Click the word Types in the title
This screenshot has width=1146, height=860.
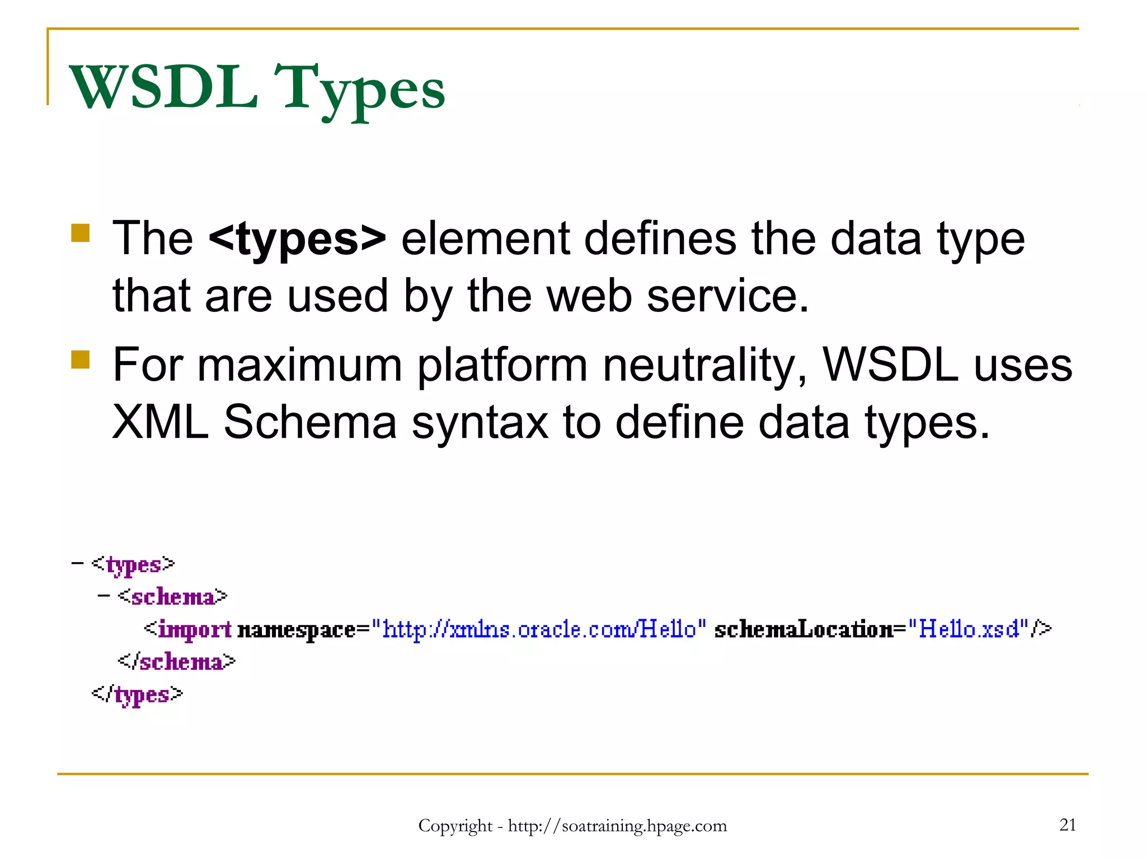pos(360,90)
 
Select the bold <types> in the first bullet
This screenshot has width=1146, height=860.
pos(297,239)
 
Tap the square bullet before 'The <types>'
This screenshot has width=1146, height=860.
pos(81,233)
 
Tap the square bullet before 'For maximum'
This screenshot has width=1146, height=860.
pos(81,359)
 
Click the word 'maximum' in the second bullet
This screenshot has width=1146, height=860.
pos(300,365)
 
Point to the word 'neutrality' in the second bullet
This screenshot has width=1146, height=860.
pos(704,365)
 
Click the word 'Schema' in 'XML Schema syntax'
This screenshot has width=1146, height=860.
pos(310,422)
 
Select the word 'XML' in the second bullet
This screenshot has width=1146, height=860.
pos(161,422)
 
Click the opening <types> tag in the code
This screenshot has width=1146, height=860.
pos(134,564)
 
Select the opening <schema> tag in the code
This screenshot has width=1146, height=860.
pos(173,597)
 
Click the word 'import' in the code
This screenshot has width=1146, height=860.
pos(195,630)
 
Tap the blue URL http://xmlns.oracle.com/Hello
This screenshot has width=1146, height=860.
pos(539,629)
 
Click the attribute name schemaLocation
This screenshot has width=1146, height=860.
pos(804,629)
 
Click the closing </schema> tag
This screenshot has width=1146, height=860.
pos(177,662)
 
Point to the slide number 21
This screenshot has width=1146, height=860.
pos(1068,825)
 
